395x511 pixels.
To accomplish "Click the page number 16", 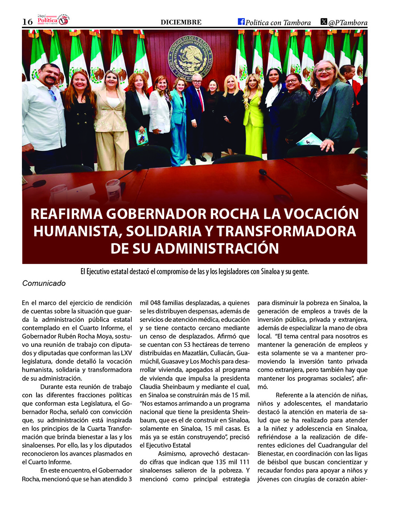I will [27, 22].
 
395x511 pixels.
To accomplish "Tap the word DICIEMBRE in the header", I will [181, 22].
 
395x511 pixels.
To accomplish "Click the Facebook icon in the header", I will [241, 22].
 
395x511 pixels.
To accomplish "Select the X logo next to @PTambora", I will [324, 22].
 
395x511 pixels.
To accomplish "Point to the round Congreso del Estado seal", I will [190, 57].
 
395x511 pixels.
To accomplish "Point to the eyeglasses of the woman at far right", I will [324, 70].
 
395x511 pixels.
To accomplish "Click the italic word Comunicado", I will [44, 283].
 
